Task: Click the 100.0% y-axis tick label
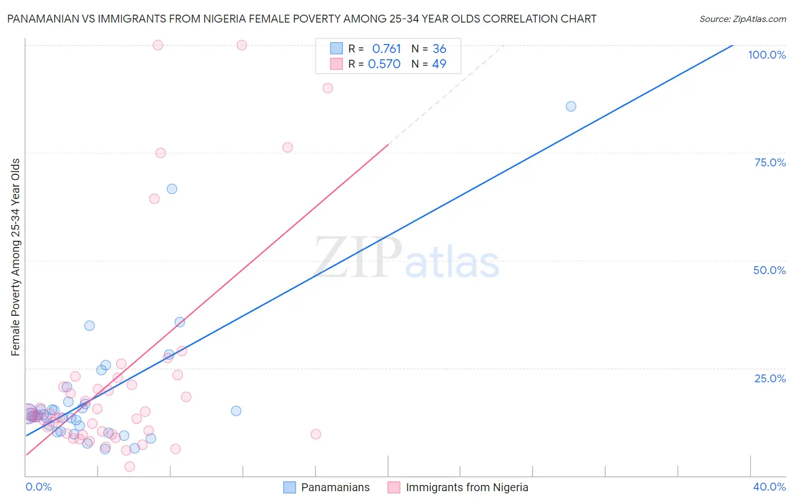(766, 55)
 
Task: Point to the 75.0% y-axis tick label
(770, 162)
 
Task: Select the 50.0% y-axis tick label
(769, 270)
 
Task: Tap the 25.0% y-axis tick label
(770, 378)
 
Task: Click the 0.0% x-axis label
(38, 487)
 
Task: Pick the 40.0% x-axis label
(769, 487)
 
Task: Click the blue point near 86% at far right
(571, 107)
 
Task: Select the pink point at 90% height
(328, 88)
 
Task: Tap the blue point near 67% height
(172, 189)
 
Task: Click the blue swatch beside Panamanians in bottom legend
(289, 487)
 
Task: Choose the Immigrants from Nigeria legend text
(467, 487)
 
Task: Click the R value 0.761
(386, 49)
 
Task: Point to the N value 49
(439, 64)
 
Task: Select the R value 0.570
(384, 64)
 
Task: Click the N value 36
(439, 49)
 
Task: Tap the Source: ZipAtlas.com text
(742, 19)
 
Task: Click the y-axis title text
(16, 257)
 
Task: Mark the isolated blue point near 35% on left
(89, 325)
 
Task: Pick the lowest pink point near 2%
(130, 466)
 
